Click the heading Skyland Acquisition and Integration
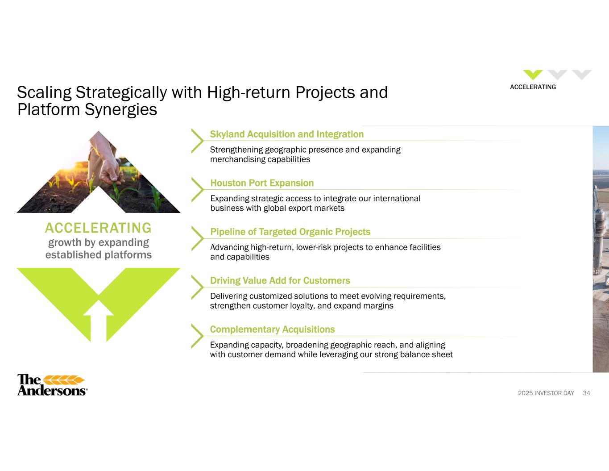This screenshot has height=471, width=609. pyautogui.click(x=287, y=134)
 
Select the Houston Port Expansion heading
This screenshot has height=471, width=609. pyautogui.click(x=262, y=183)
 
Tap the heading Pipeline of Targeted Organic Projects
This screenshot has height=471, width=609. pyautogui.click(x=290, y=232)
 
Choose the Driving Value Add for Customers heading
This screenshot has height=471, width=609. pyautogui.click(x=280, y=281)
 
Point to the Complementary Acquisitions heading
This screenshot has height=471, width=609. pyautogui.click(x=273, y=329)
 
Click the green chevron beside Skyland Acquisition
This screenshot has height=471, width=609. pyautogui.click(x=197, y=141)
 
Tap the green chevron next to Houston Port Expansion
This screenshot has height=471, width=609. pyautogui.click(x=197, y=190)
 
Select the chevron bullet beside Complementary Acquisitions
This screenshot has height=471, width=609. pyautogui.click(x=197, y=336)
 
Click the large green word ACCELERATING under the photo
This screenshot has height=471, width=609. pyautogui.click(x=98, y=228)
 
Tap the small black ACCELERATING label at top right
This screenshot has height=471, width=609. pyautogui.click(x=533, y=87)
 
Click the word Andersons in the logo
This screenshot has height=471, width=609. pyautogui.click(x=52, y=390)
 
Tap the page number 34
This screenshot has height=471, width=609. pyautogui.click(x=586, y=393)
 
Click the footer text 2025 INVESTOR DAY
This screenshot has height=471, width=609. pyautogui.click(x=546, y=393)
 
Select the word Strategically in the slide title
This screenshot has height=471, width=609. pyautogui.click(x=121, y=92)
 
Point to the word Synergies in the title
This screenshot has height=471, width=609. pyautogui.click(x=121, y=110)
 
